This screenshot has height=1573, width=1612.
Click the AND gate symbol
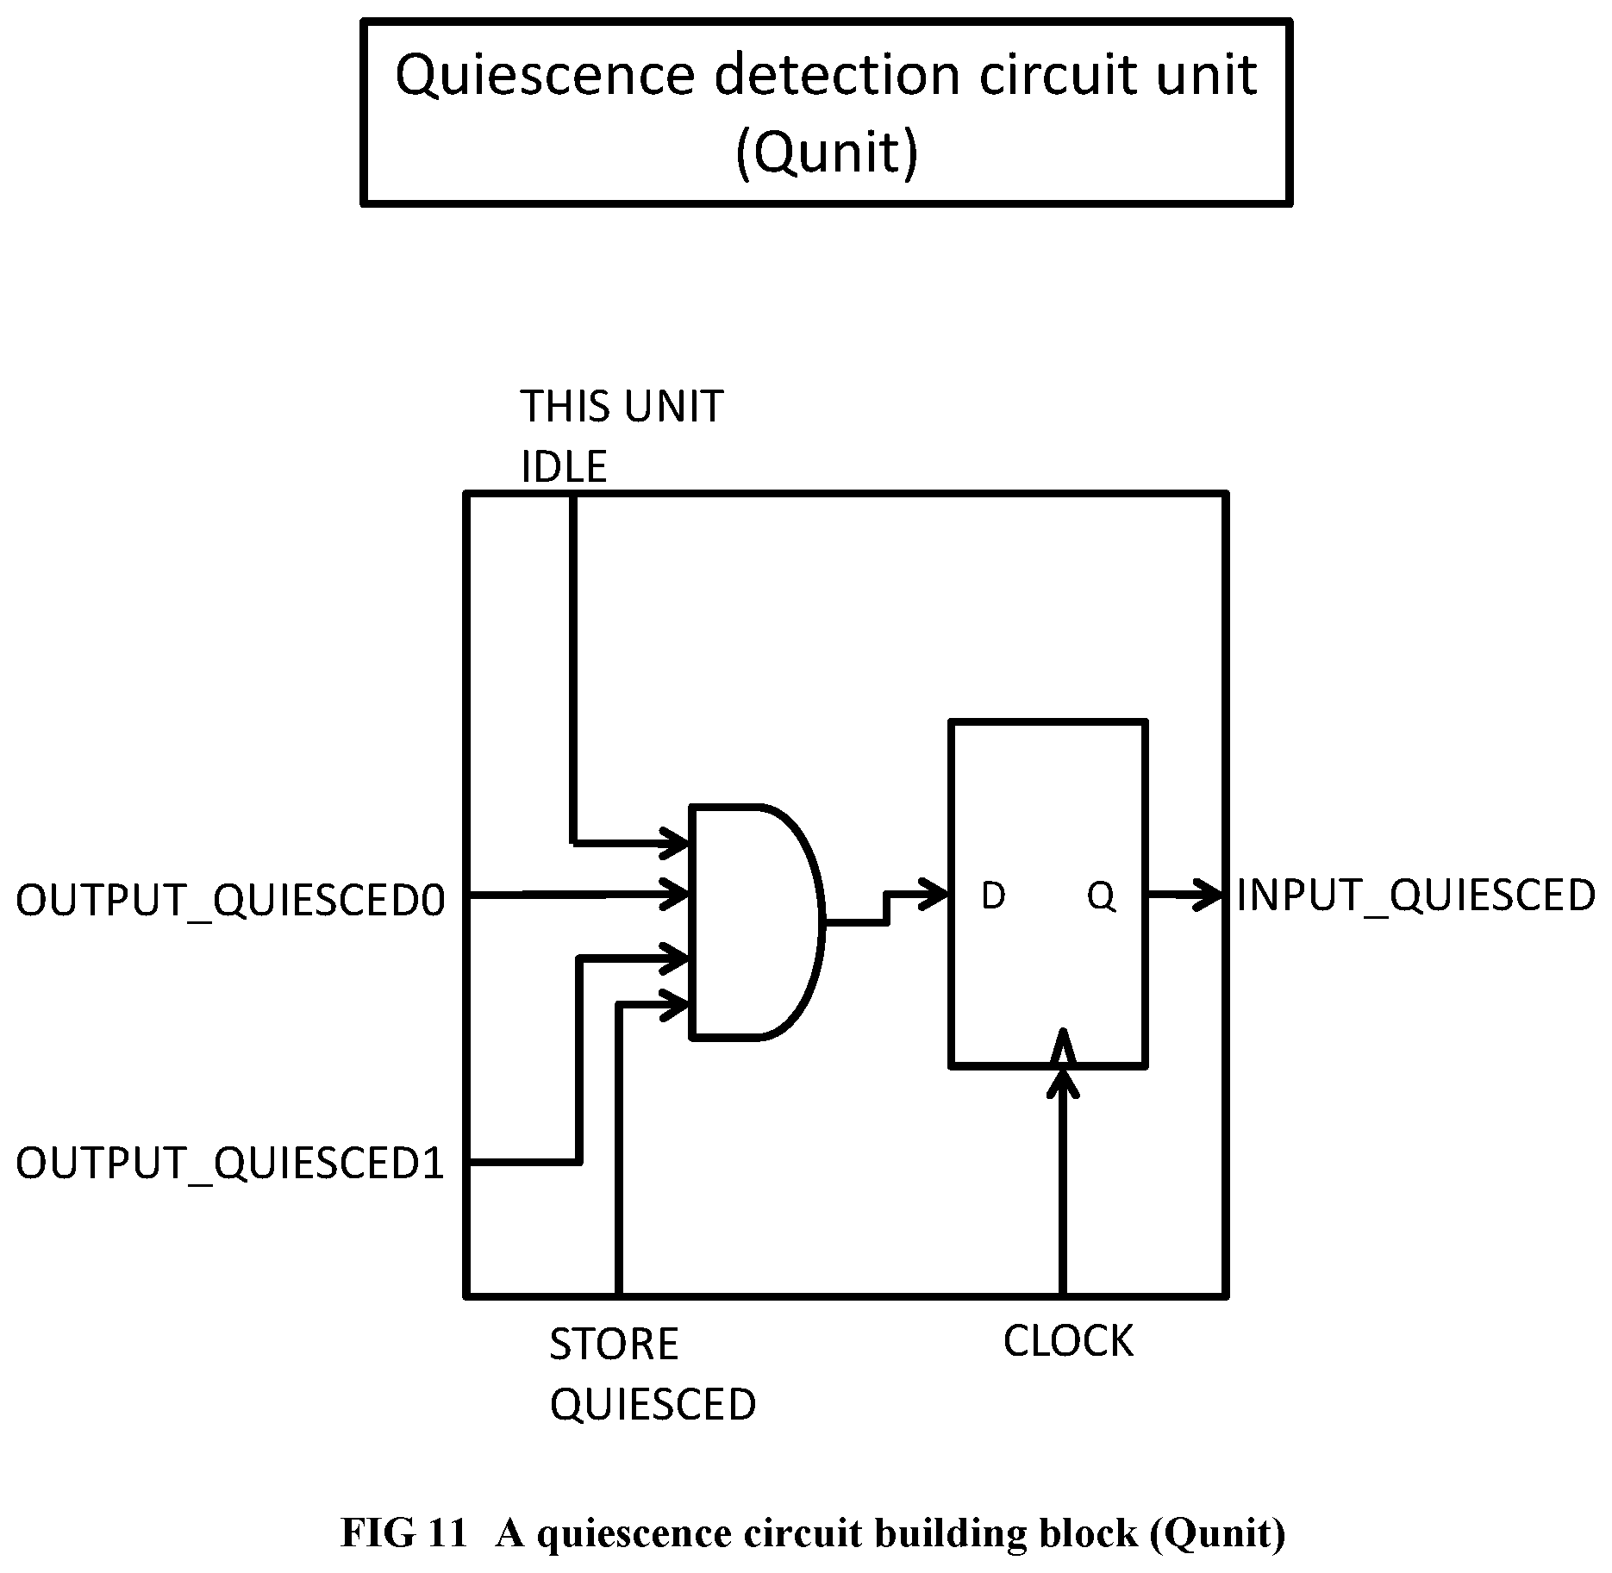[757, 921]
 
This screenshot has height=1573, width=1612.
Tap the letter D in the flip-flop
[993, 897]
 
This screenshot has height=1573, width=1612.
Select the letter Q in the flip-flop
[1101, 898]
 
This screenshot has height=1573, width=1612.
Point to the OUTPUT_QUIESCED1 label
[230, 1164]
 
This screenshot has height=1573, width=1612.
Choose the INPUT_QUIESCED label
[1415, 896]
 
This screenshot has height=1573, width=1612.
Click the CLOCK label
[1068, 1341]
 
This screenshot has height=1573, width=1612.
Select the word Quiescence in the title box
[544, 76]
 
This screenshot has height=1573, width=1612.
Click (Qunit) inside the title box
[827, 153]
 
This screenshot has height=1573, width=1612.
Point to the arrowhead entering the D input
[934, 894]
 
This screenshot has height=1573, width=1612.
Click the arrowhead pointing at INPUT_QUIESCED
[1208, 896]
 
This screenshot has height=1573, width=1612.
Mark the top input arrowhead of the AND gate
[674, 842]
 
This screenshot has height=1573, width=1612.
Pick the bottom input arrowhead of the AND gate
[674, 1004]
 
